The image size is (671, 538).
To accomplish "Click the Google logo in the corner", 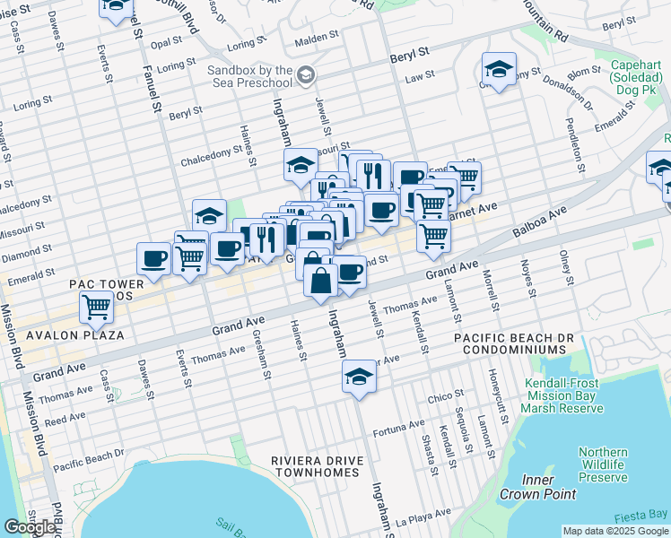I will tap(30, 527).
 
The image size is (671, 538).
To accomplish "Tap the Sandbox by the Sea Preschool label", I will tap(250, 76).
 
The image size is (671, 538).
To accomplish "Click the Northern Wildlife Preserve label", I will tap(603, 464).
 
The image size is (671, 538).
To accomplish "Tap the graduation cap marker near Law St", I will tap(499, 69).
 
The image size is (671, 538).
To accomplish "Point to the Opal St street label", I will tap(166, 43).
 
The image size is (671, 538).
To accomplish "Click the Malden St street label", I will tap(318, 38).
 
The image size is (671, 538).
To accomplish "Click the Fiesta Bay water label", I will tap(640, 516).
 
